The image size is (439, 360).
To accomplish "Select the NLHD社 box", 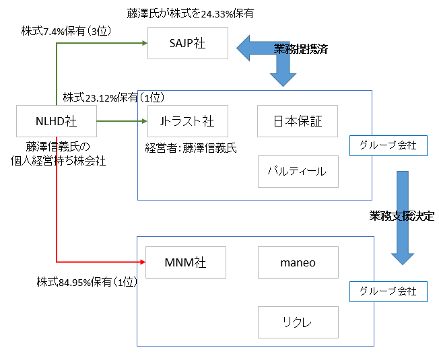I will click(56, 121).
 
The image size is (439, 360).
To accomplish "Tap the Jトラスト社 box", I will click(187, 121).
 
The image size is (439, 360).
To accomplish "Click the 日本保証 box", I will click(298, 121).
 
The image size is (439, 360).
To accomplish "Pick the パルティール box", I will click(298, 171).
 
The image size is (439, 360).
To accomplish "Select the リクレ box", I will click(298, 322).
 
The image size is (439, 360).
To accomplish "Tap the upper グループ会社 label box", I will click(388, 145).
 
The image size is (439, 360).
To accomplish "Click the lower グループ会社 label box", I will click(388, 291).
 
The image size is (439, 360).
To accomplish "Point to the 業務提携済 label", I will click(301, 49).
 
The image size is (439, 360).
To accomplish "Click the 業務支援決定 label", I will click(402, 216).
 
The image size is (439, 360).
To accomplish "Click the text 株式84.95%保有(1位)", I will click(87, 282).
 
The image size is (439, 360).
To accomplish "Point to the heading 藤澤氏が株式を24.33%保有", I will click(191, 13).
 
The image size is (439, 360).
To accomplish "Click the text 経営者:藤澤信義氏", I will click(191, 147).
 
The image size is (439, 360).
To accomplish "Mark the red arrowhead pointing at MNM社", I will click(142, 261).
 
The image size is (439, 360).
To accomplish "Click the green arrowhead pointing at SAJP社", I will click(143, 43).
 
